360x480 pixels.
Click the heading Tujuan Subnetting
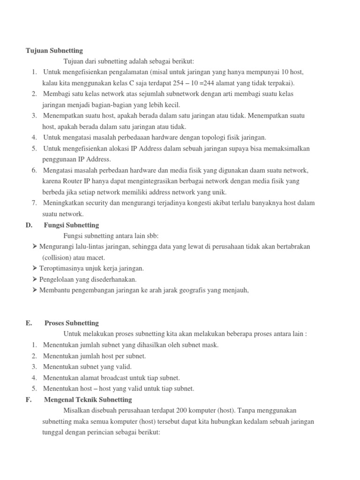pyautogui.click(x=54, y=50)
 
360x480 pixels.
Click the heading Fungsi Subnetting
pyautogui.click(x=71, y=225)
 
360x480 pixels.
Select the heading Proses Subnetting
pyautogui.click(x=72, y=323)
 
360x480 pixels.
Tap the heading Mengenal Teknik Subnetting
pyautogui.click(x=88, y=399)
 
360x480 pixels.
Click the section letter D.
pyautogui.click(x=29, y=225)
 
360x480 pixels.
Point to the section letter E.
pyautogui.click(x=29, y=323)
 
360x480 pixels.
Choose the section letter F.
pyautogui.click(x=28, y=399)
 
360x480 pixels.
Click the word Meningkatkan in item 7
pyautogui.click(x=64, y=202)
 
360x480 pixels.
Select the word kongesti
pyautogui.click(x=212, y=202)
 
